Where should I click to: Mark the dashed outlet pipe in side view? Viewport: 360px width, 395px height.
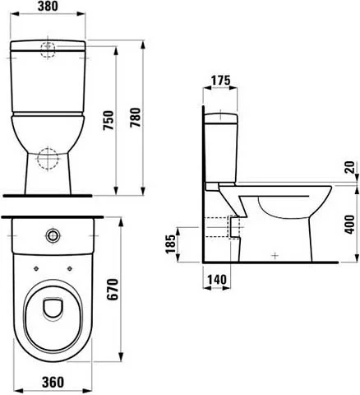click(x=217, y=224)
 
